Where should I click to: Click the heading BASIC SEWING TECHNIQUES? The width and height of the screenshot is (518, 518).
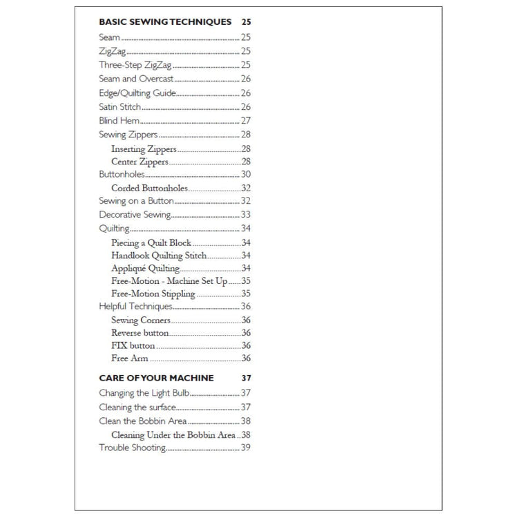point(165,22)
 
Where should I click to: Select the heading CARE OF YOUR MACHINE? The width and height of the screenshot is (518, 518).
point(156,378)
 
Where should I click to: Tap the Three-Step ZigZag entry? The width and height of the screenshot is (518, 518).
point(135,65)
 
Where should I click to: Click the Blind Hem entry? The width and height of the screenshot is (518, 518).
point(114,120)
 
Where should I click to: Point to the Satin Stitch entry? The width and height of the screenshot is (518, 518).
point(120,106)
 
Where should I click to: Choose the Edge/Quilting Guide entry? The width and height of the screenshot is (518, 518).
point(137,93)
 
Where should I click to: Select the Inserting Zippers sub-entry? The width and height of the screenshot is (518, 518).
point(144,148)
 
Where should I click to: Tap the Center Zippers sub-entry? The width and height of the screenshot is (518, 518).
point(140,162)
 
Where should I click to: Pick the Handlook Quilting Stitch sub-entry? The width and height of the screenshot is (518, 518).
point(158,256)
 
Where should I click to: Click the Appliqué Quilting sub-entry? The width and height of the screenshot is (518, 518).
point(145,269)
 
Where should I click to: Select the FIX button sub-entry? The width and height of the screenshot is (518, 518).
point(133,345)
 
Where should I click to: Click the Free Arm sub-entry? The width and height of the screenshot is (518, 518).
point(129,358)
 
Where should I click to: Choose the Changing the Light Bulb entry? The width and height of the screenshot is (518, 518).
point(144,393)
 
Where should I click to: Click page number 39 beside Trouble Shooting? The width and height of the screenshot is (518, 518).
point(245,448)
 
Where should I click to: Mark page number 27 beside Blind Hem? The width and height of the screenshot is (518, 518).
point(245,120)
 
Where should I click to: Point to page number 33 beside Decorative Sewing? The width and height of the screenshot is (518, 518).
point(245,215)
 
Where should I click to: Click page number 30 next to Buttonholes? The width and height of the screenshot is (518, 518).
point(245,175)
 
